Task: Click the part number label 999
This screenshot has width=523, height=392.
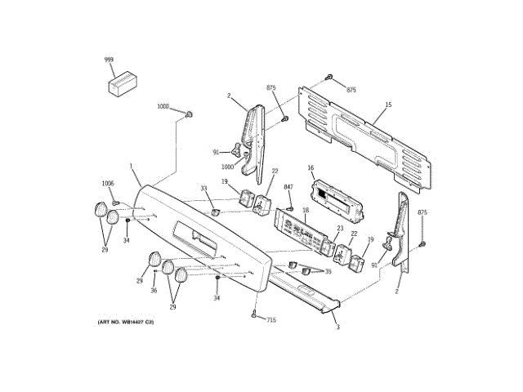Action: [x=109, y=61]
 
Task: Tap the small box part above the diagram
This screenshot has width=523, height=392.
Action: [x=122, y=82]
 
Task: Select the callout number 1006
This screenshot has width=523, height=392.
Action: [x=108, y=184]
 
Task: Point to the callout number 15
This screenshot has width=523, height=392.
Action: [x=388, y=105]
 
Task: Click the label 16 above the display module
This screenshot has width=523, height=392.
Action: [x=311, y=168]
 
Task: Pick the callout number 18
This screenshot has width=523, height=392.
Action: [x=306, y=211]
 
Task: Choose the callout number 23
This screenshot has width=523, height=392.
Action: [x=339, y=229]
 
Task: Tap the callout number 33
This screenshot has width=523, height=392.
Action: [x=204, y=190]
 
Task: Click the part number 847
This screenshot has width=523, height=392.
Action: [x=288, y=188]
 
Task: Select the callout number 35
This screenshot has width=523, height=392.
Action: [x=328, y=271]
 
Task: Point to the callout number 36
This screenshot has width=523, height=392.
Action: [x=154, y=292]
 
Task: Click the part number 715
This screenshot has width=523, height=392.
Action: [x=271, y=319]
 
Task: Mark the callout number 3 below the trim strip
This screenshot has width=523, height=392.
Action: [x=336, y=327]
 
